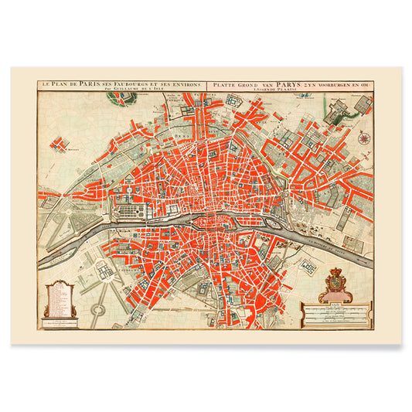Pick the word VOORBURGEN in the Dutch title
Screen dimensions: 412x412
325,83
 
